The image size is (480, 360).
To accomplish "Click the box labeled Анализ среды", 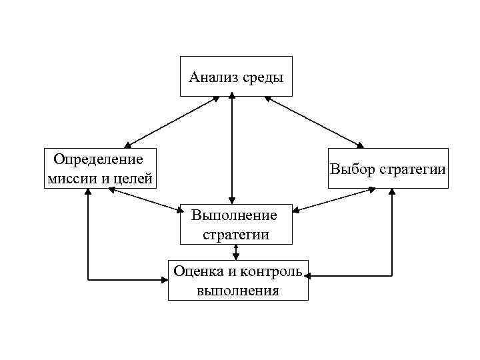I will tap(236, 77).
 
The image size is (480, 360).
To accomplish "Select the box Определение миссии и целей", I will tap(99, 168).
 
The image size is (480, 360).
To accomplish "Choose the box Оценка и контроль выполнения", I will tap(238, 280).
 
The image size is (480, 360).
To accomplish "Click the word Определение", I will tap(99, 159).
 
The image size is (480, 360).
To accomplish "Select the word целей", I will tap(135, 178).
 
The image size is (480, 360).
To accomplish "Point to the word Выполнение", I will tap(233, 215).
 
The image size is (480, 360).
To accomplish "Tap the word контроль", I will tap(269, 271).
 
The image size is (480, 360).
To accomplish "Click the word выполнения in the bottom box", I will tap(238, 290).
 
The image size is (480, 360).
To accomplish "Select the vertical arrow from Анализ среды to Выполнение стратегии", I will tap(231, 150).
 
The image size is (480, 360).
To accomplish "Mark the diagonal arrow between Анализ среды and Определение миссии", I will tap(172, 121).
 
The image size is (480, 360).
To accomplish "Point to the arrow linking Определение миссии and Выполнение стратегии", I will tap(145, 201).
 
